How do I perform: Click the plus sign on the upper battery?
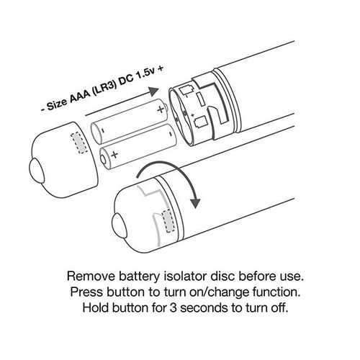tap(161, 109)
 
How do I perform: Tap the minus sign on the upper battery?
tap(103, 131)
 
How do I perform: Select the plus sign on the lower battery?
tap(115, 154)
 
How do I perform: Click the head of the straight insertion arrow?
tap(153, 91)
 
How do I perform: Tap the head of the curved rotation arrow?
tap(196, 204)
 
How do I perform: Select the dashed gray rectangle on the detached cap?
tap(79, 143)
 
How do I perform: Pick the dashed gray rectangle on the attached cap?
tap(168, 221)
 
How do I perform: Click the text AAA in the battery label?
tap(80, 96)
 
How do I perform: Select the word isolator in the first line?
tap(185, 276)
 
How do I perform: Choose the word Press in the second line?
tap(86, 292)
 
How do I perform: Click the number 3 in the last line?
tap(174, 307)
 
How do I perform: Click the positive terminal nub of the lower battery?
tap(103, 158)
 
